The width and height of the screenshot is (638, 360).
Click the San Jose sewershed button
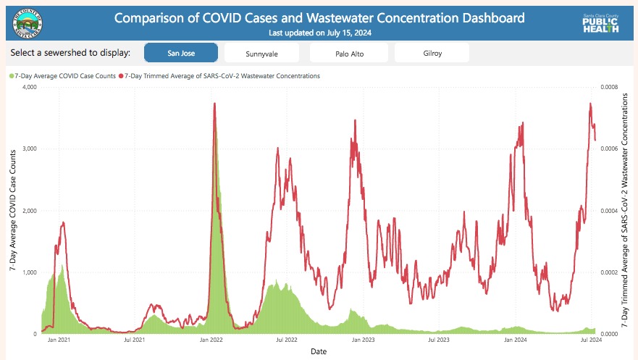(x=181, y=53)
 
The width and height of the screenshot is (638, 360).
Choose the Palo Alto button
(x=348, y=53)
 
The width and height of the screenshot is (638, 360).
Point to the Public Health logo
(x=600, y=22)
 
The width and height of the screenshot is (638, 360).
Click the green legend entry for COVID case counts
(x=63, y=75)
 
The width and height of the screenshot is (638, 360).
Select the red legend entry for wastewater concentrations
(x=220, y=75)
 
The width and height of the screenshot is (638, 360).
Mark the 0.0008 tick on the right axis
(x=610, y=88)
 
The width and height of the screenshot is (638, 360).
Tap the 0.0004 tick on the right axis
(x=610, y=211)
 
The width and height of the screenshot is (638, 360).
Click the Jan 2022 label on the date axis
(x=211, y=340)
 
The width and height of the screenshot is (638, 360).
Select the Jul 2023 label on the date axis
(x=440, y=340)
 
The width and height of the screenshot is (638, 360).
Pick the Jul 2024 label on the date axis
(x=592, y=340)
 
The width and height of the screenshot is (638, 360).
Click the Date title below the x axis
(x=318, y=351)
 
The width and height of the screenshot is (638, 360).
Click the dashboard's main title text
(x=319, y=18)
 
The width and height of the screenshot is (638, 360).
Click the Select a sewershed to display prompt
(x=71, y=53)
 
